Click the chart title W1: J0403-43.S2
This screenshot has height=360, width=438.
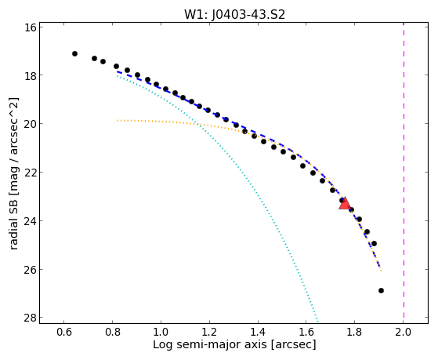pos(234,15)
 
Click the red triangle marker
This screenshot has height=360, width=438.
pos(345,203)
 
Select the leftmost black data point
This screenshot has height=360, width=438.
pos(74,53)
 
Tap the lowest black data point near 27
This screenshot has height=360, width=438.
pos(381,291)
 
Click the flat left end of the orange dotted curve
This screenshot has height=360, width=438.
pos(118,121)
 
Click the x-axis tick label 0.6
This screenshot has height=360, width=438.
pos(64,333)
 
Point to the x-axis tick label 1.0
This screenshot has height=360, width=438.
pos(161,333)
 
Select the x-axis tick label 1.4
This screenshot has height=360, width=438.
pos(258,333)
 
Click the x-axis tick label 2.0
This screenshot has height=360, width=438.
pos(403,333)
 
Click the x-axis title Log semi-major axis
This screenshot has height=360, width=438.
pos(210,344)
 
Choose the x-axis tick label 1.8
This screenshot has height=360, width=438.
pos(354,333)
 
